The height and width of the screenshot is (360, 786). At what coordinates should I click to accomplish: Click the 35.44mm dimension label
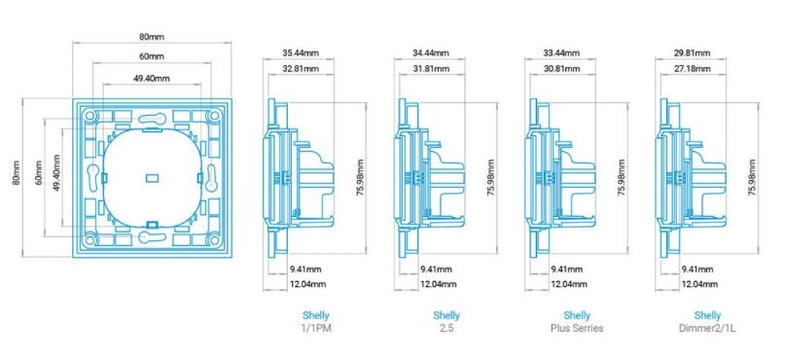tap(301, 53)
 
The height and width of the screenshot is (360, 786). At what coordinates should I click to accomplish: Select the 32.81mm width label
tap(301, 69)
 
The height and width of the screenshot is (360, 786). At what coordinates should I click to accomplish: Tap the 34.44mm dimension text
tap(431, 53)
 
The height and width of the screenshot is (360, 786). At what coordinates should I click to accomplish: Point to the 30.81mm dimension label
tap(561, 69)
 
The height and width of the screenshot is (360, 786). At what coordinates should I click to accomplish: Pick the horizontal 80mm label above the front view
tap(152, 37)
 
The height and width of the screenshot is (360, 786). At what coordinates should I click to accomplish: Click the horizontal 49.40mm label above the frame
tap(152, 78)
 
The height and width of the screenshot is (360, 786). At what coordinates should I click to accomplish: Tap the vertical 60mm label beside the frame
tap(39, 173)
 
